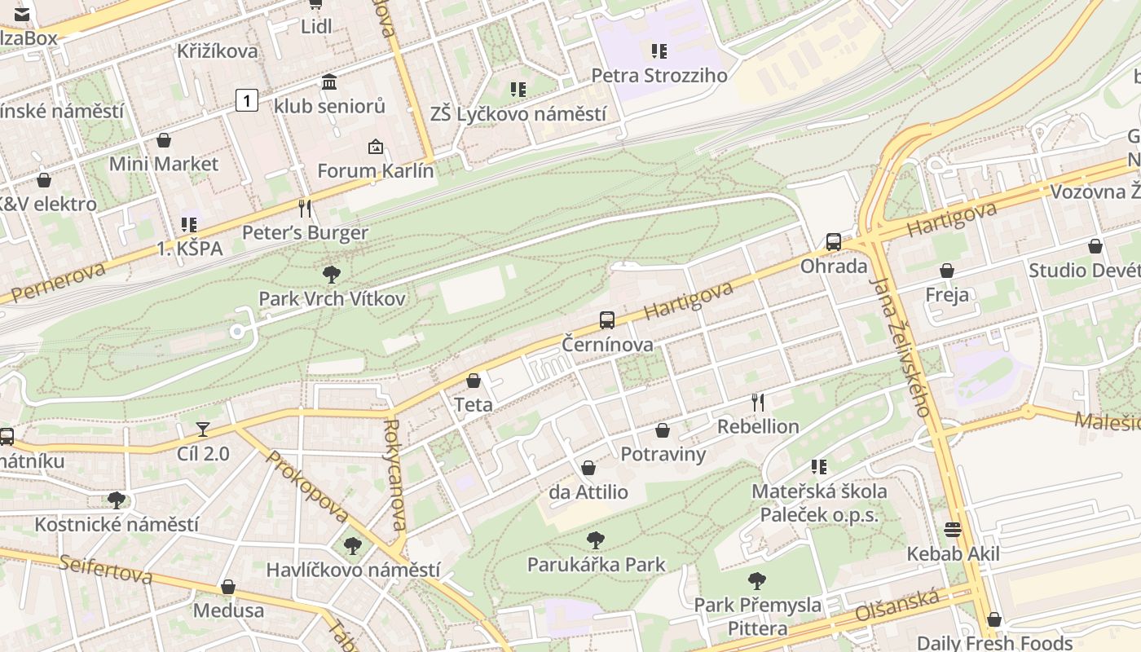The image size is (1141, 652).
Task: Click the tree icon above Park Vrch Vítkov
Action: tap(331, 275)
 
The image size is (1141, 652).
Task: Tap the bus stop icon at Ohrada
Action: tap(833, 242)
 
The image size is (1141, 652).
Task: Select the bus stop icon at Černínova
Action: tap(606, 320)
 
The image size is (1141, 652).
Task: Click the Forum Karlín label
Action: tap(375, 171)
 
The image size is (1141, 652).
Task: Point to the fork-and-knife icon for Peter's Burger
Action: tap(305, 209)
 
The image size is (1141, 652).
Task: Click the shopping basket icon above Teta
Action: tap(473, 381)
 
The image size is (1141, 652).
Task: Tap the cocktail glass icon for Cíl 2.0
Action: tap(203, 429)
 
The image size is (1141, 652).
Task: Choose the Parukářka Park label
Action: tap(596, 564)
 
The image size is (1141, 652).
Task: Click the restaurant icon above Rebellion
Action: tap(757, 402)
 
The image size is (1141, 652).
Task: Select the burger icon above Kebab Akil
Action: tap(952, 530)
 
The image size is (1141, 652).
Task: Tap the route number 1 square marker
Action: tap(247, 100)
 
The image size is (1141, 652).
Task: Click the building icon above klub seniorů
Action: tap(329, 81)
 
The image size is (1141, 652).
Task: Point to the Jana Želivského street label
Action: tap(901, 346)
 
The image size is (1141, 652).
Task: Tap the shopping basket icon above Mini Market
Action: tap(164, 140)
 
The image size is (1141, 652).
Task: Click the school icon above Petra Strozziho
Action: tap(659, 51)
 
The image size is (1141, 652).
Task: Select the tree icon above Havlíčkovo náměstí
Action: tap(352, 545)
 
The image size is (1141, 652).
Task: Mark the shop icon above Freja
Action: tap(946, 271)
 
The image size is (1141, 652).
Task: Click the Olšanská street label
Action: tap(896, 605)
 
